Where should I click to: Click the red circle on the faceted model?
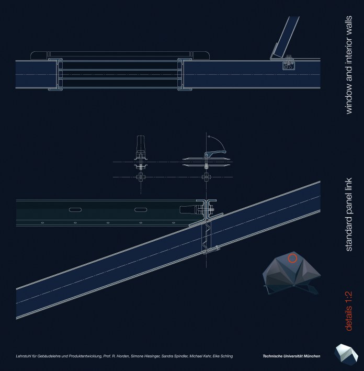[x=293, y=257]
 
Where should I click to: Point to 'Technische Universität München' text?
[x=291, y=356]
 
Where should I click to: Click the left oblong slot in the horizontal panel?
[x=75, y=209]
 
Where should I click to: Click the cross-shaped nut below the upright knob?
[x=140, y=177]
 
